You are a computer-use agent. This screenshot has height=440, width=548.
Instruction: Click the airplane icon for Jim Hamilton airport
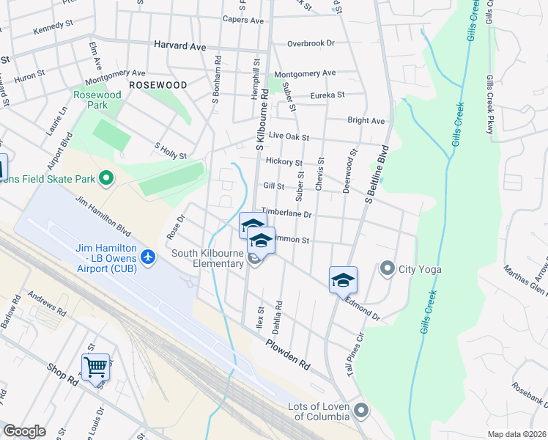pyautogui.click(x=149, y=257)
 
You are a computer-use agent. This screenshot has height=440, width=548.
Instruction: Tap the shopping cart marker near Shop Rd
pyautogui.click(x=96, y=367)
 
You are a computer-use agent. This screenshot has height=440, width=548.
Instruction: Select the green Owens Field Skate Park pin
pyautogui.click(x=105, y=178)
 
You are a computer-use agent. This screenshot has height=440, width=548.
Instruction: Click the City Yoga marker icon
pyautogui.click(x=388, y=269)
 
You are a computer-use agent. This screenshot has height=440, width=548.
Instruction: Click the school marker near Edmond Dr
pyautogui.click(x=343, y=280)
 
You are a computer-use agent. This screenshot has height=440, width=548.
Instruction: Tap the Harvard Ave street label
pyautogui.click(x=180, y=45)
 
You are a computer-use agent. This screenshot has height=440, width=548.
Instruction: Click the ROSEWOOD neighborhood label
pyautogui.click(x=158, y=85)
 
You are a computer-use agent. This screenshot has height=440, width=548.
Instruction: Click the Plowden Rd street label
pyautogui.click(x=288, y=353)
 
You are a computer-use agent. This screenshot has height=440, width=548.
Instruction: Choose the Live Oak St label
pyautogui.click(x=289, y=136)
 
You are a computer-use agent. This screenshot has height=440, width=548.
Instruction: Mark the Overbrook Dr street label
pyautogui.click(x=311, y=43)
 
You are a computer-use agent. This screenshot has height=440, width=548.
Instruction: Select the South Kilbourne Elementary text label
pyautogui.click(x=207, y=259)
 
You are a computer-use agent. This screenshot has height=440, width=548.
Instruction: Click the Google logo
pyautogui.click(x=24, y=431)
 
